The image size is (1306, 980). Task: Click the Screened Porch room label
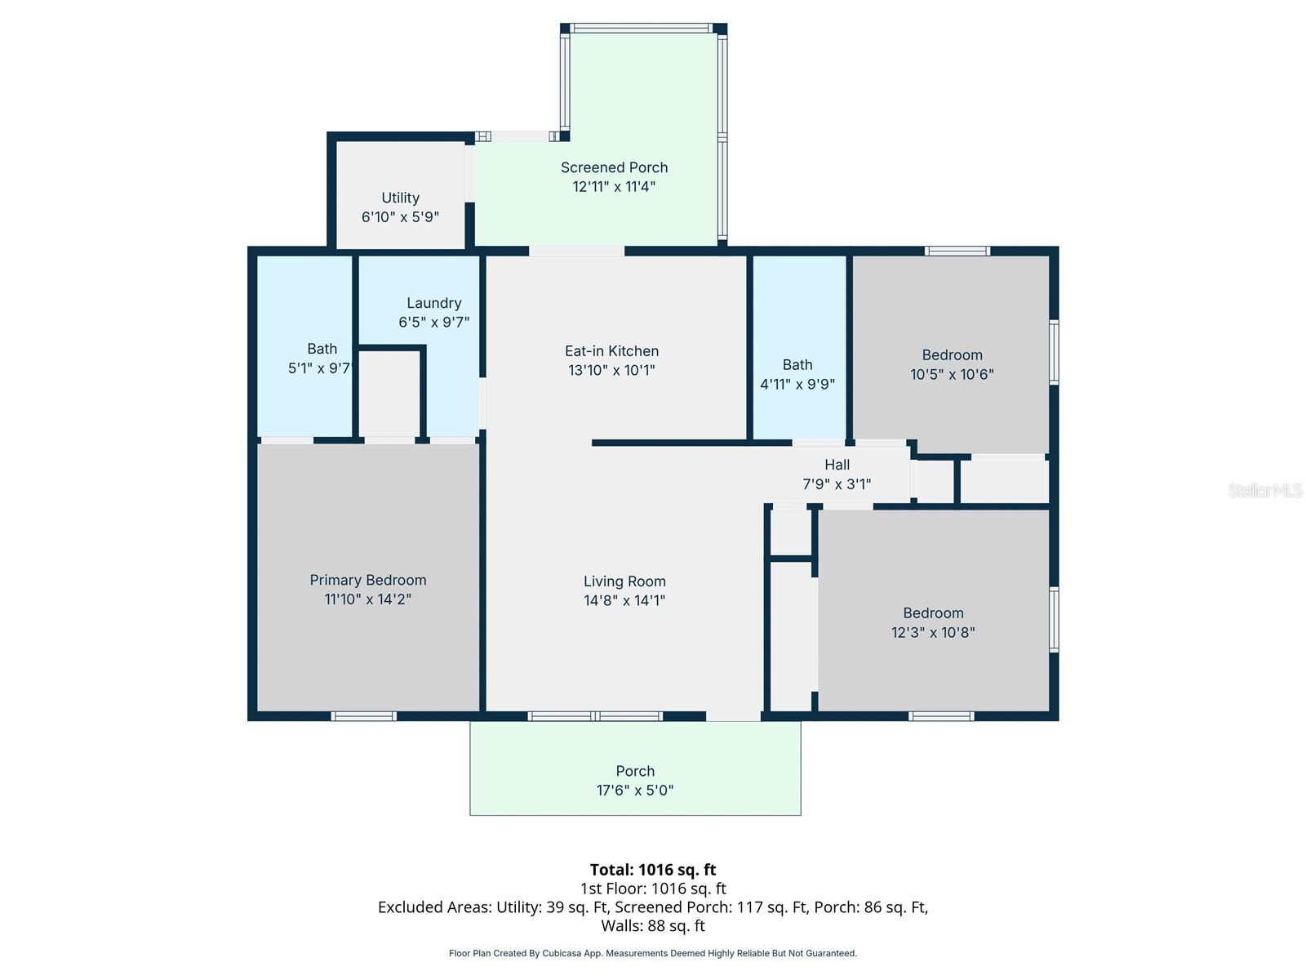pyautogui.click(x=614, y=167)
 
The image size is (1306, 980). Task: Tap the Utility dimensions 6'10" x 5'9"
pyautogui.click(x=400, y=217)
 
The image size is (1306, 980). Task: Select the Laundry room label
pyautogui.click(x=433, y=303)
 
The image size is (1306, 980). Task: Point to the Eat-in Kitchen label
pyautogui.click(x=611, y=351)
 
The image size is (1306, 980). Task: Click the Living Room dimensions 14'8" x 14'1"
pyautogui.click(x=624, y=600)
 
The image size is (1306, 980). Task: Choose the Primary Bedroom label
pyautogui.click(x=367, y=580)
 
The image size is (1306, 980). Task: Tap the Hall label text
pyautogui.click(x=837, y=465)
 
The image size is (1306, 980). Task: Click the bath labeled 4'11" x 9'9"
pyautogui.click(x=797, y=374)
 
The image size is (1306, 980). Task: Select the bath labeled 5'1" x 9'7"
pyautogui.click(x=319, y=359)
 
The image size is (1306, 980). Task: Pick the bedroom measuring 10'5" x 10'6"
pyautogui.click(x=952, y=364)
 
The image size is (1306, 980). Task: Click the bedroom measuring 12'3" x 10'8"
pyautogui.click(x=933, y=622)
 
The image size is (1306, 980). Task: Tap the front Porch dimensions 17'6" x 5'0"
pyautogui.click(x=635, y=791)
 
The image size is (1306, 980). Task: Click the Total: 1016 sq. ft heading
pyautogui.click(x=652, y=870)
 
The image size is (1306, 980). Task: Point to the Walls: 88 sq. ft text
pyautogui.click(x=652, y=926)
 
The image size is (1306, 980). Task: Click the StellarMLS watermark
pyautogui.click(x=1264, y=490)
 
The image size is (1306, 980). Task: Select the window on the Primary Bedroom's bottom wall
pyautogui.click(x=364, y=716)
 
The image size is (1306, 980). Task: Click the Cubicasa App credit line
pyautogui.click(x=652, y=953)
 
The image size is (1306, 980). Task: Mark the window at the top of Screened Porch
pyautogui.click(x=642, y=28)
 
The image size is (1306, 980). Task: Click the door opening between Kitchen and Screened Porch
pyautogui.click(x=576, y=251)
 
